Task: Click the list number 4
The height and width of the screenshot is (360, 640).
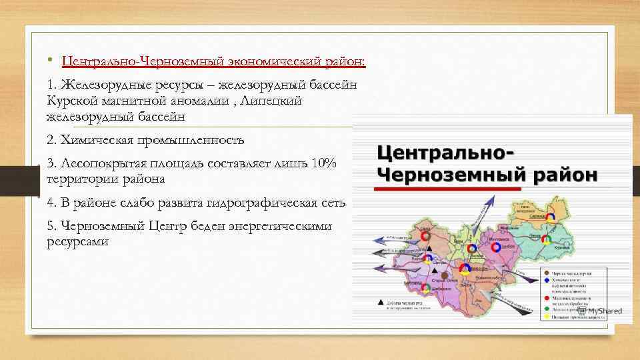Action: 51,203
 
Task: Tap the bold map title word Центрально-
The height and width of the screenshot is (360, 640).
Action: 446,150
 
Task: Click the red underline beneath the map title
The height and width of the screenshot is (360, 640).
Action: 447,189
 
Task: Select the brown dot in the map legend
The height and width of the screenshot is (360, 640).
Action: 547,273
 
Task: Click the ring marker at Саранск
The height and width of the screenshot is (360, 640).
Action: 553,217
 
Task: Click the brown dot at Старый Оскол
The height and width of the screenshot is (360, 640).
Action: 443,274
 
